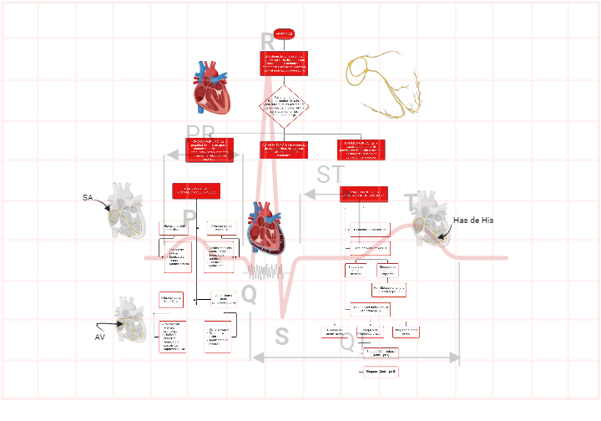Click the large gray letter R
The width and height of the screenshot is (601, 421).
[x=267, y=42]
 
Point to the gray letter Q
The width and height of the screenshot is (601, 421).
[x=249, y=293]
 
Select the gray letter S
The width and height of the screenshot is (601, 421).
[x=282, y=337]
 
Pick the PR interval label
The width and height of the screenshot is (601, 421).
[x=200, y=134]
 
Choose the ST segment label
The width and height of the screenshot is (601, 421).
[x=331, y=175]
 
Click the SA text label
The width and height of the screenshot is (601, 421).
[x=88, y=198]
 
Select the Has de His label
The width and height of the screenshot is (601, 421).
[x=473, y=220]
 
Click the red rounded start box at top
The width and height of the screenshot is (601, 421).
[x=284, y=33]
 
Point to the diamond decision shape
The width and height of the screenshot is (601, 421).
[x=284, y=105]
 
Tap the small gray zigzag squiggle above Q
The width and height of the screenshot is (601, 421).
[x=266, y=271]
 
